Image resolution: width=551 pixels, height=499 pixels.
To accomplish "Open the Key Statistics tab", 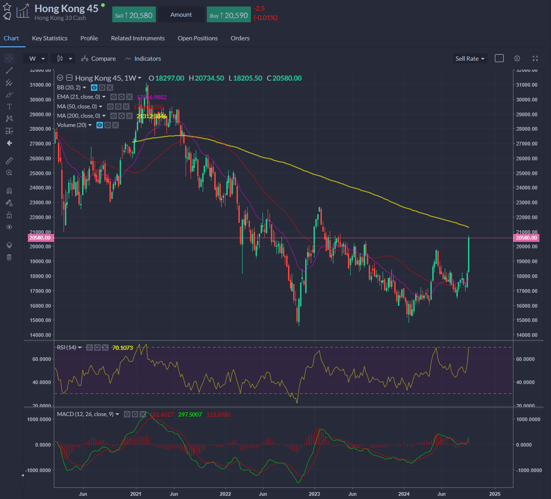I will point(50,38).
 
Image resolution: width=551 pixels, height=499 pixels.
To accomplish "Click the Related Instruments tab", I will point(138,38).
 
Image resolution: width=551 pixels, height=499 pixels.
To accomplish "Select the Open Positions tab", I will point(198,38).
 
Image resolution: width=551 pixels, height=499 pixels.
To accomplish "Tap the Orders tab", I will point(240,38).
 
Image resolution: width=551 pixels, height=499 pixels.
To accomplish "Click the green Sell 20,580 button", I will point(134,15).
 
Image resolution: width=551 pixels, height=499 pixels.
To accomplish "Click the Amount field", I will point(181,15).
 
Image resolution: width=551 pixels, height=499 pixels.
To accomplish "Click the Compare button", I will point(98,59).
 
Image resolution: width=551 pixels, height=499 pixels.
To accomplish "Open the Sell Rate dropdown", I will point(470,59).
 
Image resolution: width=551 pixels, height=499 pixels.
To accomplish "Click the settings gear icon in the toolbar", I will point(517,58).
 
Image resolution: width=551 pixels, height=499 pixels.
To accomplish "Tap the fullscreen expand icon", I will point(535,58).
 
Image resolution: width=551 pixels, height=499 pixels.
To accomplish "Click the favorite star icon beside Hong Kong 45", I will point(7,7).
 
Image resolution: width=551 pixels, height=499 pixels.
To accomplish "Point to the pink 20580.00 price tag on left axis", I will point(40,238).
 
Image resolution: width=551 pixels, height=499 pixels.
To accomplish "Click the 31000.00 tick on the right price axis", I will point(526,85).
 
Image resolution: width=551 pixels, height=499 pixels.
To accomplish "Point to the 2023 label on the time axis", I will point(314,494).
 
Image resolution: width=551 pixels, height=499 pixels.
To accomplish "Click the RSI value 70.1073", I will point(122,347).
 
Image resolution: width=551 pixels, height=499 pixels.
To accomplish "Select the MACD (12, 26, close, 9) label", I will point(85,414).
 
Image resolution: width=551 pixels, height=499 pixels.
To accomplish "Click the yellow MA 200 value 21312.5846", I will point(151,116).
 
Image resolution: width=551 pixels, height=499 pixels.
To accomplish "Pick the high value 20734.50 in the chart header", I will point(209,78).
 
